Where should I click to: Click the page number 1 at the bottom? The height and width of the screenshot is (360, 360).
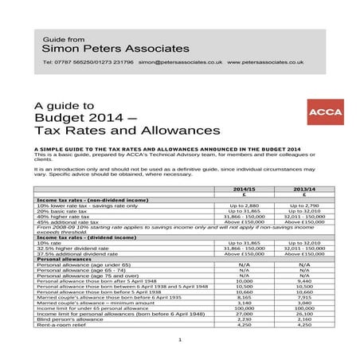(x=180, y=340)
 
